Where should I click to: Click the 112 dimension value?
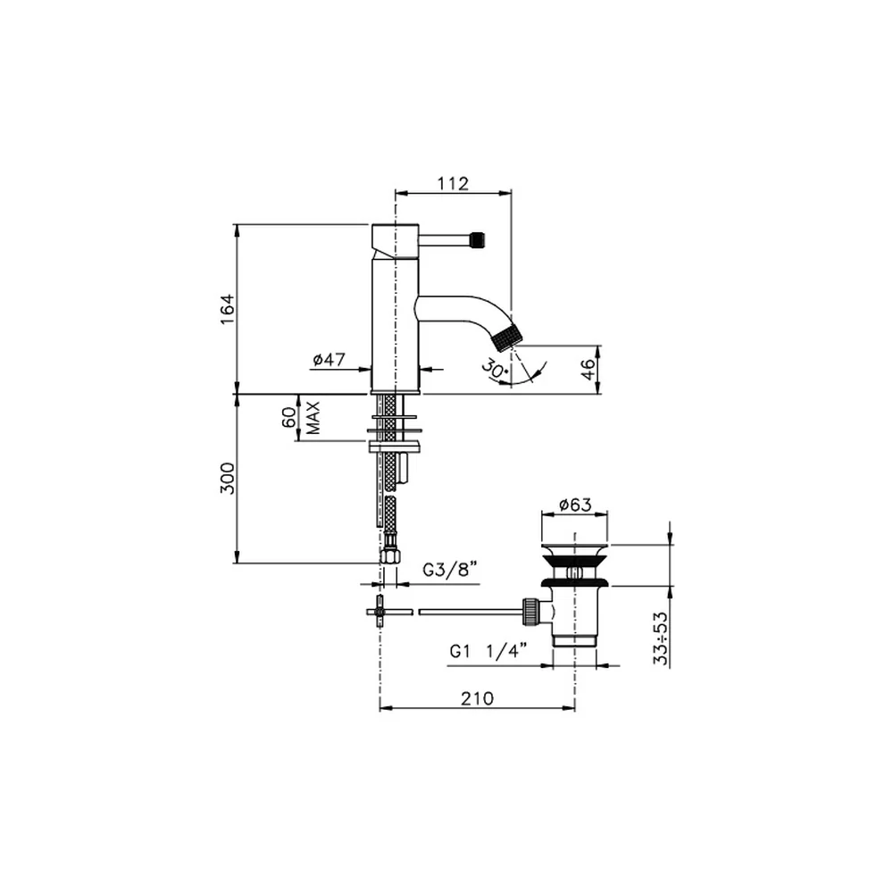(453, 183)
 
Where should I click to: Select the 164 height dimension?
(227, 309)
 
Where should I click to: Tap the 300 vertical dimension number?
(227, 479)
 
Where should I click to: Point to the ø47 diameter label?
(329, 359)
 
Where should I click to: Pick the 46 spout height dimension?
(588, 369)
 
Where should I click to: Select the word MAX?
(313, 418)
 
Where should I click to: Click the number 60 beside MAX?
(289, 417)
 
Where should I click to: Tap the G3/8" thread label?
(449, 569)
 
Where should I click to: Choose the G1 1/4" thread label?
(488, 650)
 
